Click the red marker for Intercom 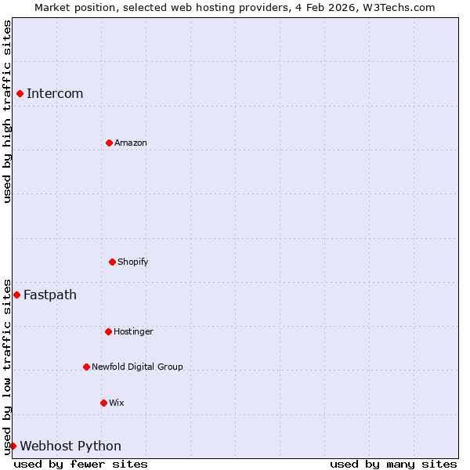point(20,94)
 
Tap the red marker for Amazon point(109,143)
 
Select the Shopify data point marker point(112,262)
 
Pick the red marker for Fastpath point(16,295)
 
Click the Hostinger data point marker point(108,331)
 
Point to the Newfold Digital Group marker point(86,367)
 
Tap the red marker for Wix point(103,403)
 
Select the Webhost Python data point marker point(13,446)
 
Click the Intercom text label point(55,94)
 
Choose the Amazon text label point(131,143)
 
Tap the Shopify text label point(133,262)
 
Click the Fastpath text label point(50,295)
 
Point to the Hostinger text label point(133,331)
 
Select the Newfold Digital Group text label point(137,367)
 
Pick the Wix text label point(116,403)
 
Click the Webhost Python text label point(70,446)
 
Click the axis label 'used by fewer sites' point(81,464)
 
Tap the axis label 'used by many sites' point(393,464)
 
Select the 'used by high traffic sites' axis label point(7,111)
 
